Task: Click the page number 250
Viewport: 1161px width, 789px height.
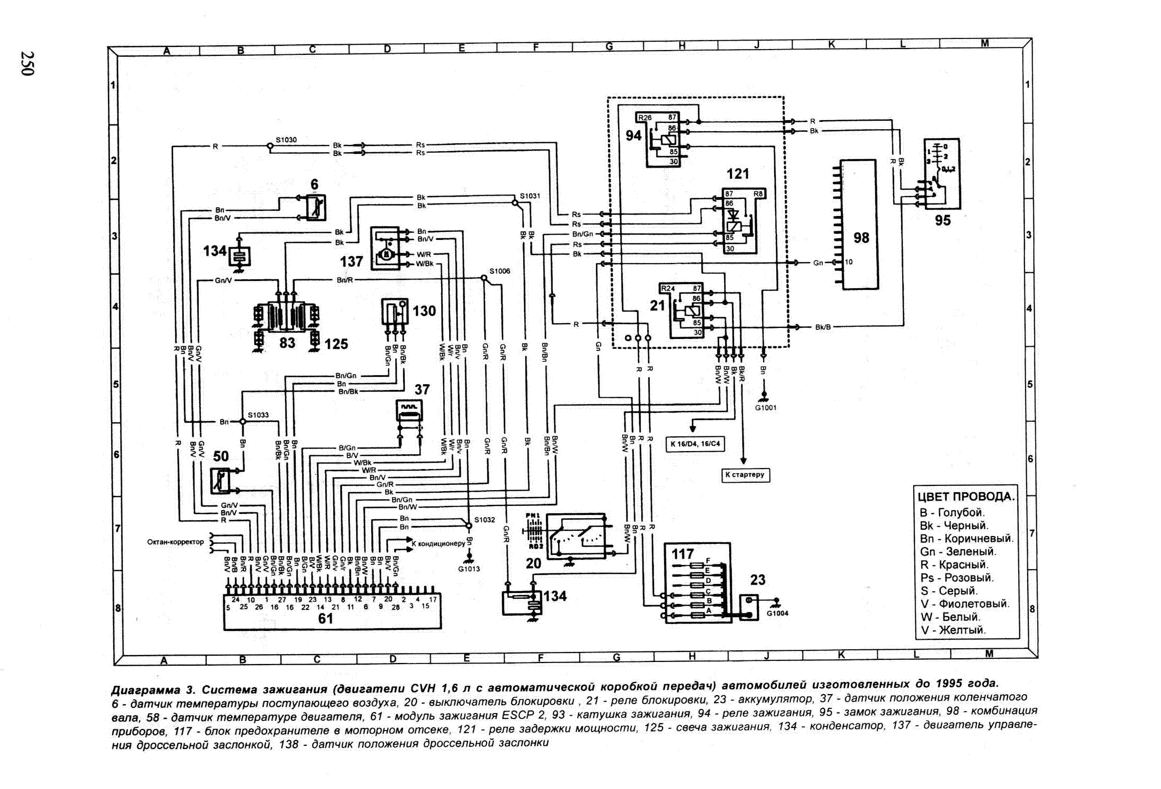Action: pos(27,64)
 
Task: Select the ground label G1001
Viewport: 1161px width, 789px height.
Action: pos(765,407)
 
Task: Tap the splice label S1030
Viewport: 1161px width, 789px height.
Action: pos(286,140)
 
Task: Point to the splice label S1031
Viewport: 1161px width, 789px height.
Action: pos(530,196)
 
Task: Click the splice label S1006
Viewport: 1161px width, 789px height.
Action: pos(499,271)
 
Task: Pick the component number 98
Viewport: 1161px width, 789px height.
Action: pos(861,238)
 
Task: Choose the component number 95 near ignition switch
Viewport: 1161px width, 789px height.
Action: pos(942,220)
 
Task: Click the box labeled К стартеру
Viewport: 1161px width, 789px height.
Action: pos(744,475)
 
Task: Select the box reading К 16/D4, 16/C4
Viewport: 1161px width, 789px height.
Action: pos(695,444)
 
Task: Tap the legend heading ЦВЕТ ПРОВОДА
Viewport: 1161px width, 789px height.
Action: pos(966,496)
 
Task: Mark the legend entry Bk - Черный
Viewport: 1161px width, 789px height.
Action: pos(954,525)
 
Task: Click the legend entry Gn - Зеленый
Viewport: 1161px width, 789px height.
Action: pos(958,552)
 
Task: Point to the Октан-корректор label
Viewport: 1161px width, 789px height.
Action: pos(175,542)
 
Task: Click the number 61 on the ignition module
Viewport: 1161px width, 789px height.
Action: pos(325,618)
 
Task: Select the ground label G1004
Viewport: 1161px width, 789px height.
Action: pos(777,613)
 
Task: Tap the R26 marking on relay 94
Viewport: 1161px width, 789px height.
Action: pos(645,118)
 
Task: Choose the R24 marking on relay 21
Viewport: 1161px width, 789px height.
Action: pos(668,288)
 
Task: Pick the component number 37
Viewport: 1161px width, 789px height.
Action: pos(422,389)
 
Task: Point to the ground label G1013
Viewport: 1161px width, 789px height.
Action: pos(469,569)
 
